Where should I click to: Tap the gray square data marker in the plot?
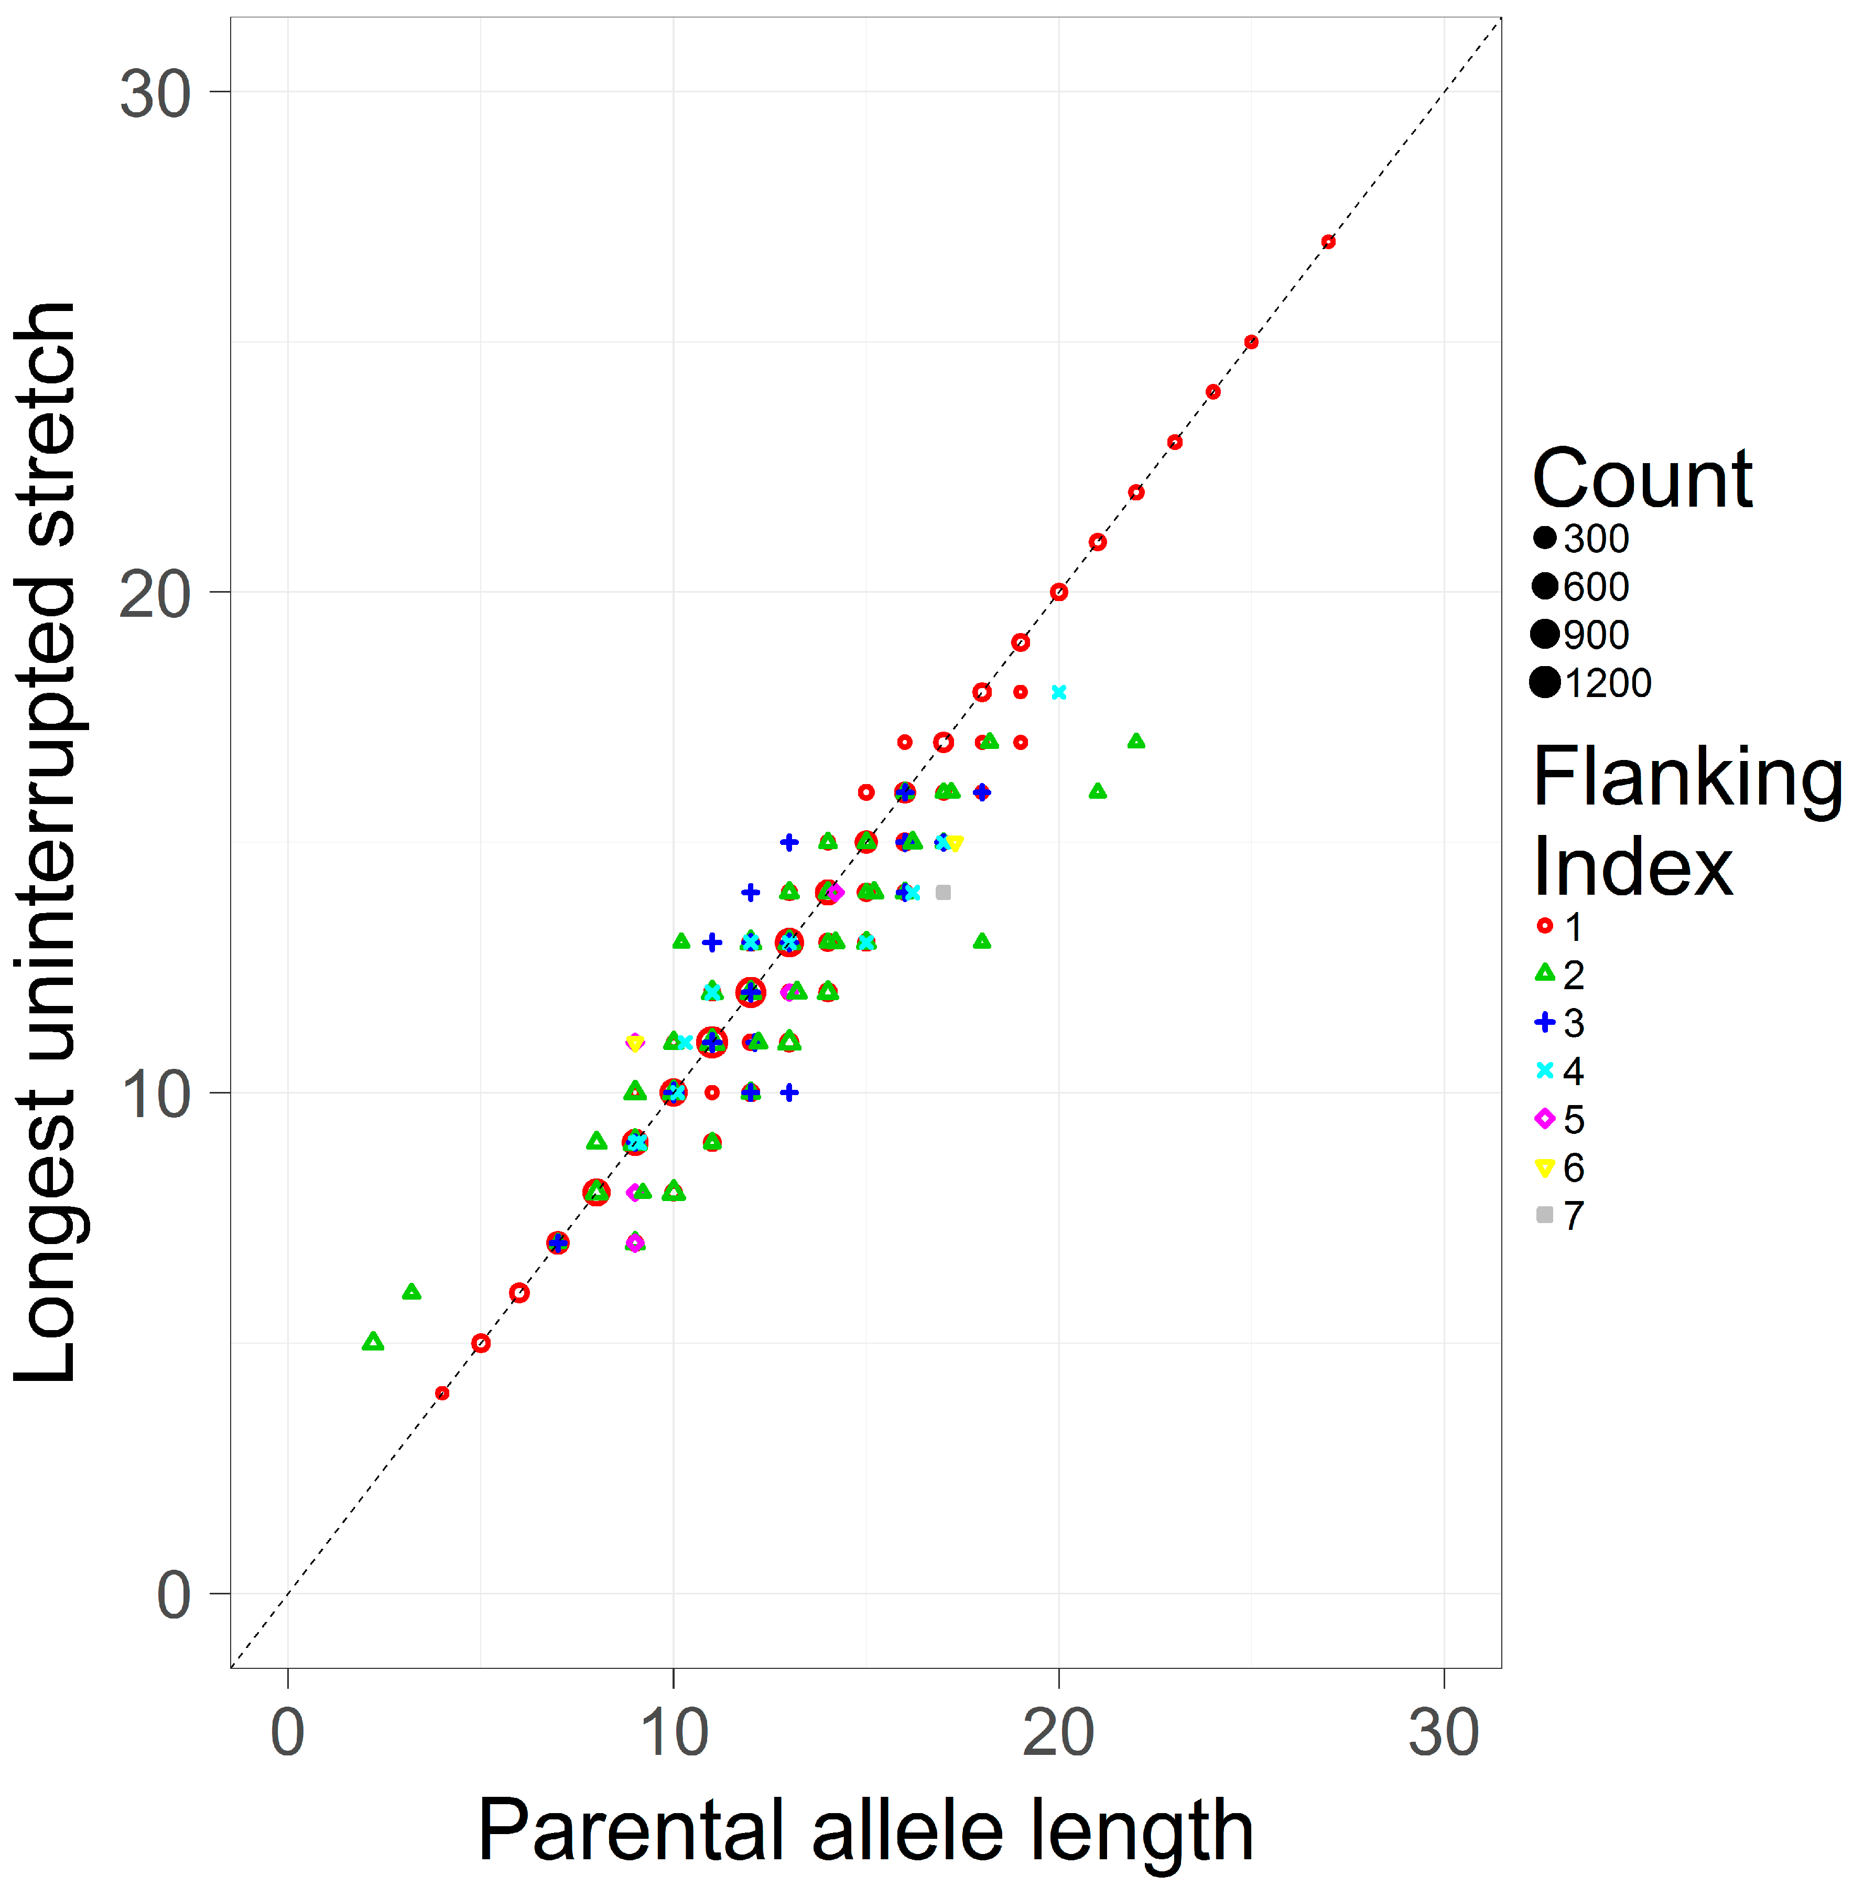tap(942, 892)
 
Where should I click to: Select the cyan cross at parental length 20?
tap(1059, 692)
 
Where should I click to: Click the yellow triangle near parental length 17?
tap(955, 843)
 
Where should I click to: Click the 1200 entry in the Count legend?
tap(1591, 682)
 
